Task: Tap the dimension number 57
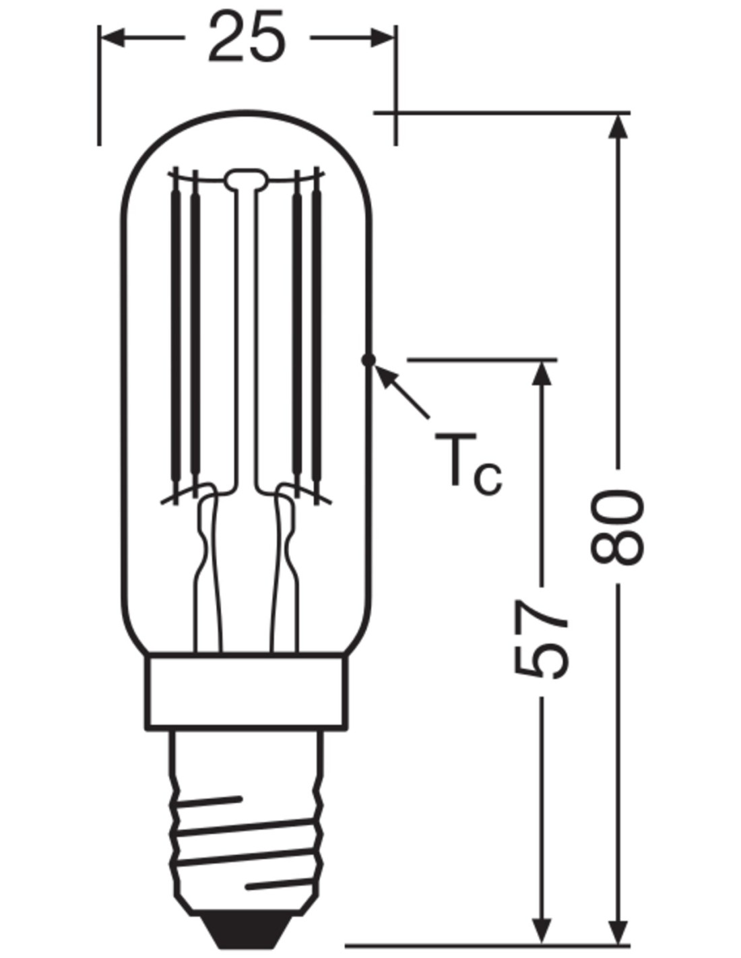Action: tap(541, 639)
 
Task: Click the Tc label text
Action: tap(468, 461)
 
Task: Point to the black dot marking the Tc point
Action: tap(368, 360)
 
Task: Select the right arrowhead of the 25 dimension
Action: tap(382, 38)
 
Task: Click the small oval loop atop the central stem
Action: tap(246, 179)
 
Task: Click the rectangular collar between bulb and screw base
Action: tap(246, 690)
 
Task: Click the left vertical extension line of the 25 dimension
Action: tap(100, 85)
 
